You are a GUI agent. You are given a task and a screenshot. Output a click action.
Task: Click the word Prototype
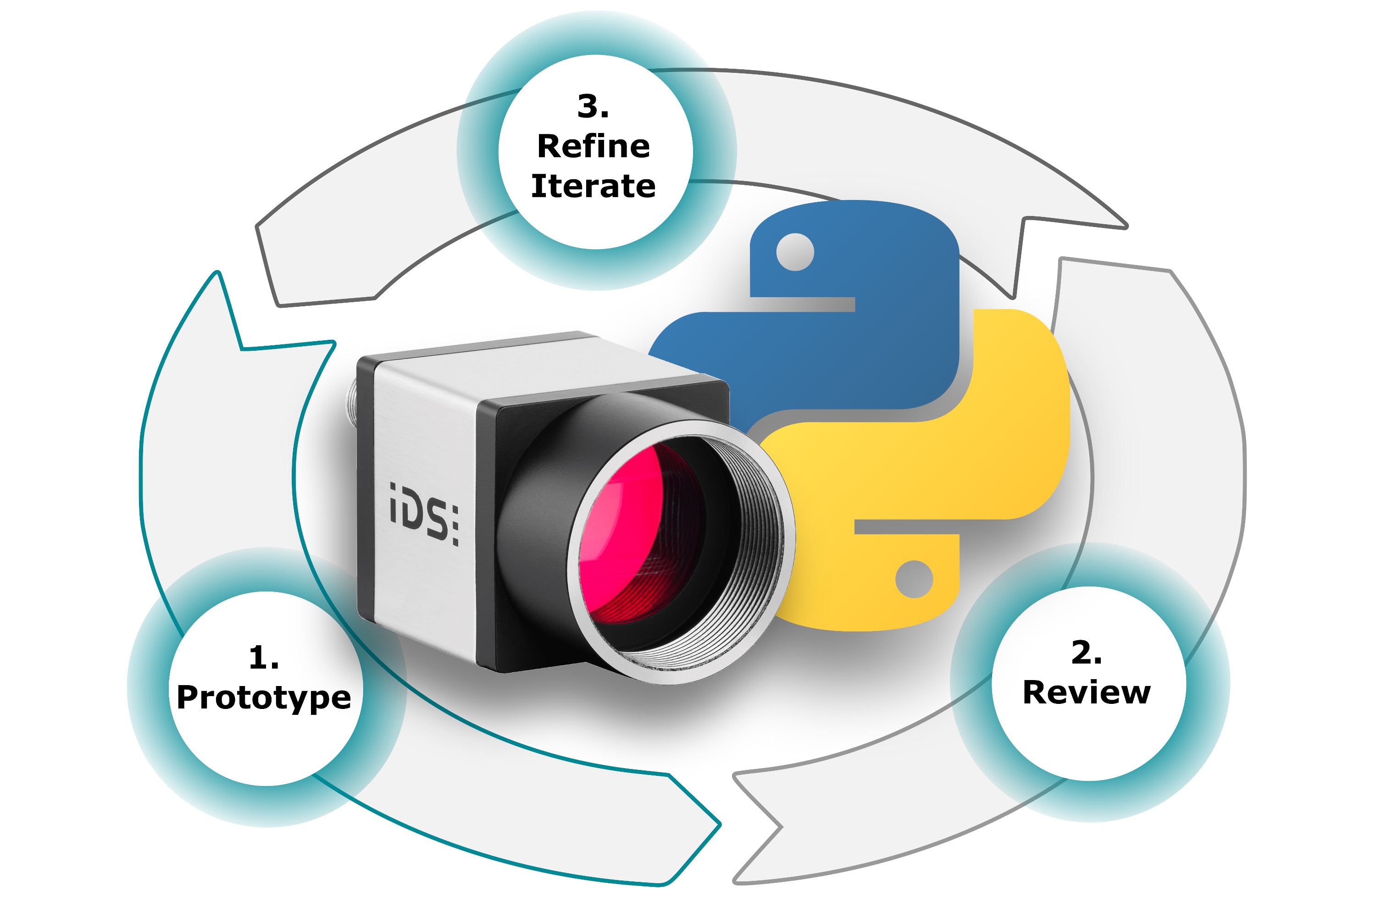point(264,698)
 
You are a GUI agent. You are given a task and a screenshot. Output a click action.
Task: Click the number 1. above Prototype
point(264,658)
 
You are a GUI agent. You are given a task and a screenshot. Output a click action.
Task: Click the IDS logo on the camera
point(424,514)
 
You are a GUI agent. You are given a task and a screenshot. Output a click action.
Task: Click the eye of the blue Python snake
point(795,252)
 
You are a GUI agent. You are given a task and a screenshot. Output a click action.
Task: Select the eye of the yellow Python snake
point(914,579)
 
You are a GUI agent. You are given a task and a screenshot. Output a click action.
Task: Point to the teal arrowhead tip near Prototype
point(217,272)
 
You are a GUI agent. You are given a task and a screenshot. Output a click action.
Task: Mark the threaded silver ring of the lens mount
point(682,553)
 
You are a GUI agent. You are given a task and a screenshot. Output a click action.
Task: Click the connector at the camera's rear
point(351,399)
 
